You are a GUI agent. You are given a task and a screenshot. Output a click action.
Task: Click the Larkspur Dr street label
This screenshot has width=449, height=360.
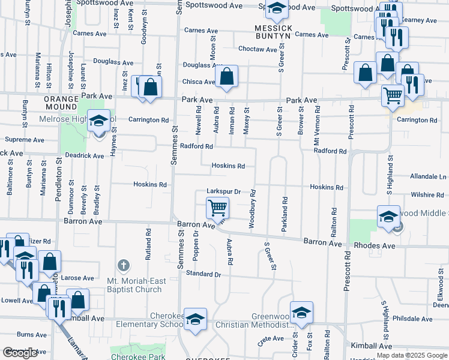click(x=223, y=191)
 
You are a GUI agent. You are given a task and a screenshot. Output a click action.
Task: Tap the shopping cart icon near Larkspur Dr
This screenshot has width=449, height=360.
click(x=217, y=208)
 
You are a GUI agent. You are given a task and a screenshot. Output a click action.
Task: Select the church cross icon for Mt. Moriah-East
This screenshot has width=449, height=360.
click(x=124, y=265)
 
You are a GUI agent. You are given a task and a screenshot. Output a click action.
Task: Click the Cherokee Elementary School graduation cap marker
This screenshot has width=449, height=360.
click(x=195, y=319)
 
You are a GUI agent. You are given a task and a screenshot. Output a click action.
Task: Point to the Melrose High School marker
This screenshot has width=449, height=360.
click(x=98, y=121)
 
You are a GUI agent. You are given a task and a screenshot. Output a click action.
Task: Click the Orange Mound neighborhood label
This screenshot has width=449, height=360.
click(x=61, y=99)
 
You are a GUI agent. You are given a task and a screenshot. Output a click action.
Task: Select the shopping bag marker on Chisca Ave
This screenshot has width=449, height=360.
click(x=226, y=77)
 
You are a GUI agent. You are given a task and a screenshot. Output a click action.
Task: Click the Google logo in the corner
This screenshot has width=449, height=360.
click(x=20, y=353)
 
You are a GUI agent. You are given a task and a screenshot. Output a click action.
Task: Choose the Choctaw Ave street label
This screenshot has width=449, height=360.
click(x=258, y=49)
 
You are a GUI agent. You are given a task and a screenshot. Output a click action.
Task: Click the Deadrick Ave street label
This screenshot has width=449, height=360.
click(x=85, y=155)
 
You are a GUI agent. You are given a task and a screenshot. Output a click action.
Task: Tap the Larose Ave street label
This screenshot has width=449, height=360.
click(x=77, y=278)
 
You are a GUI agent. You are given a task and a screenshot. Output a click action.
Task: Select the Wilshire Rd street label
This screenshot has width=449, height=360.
click(x=427, y=195)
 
